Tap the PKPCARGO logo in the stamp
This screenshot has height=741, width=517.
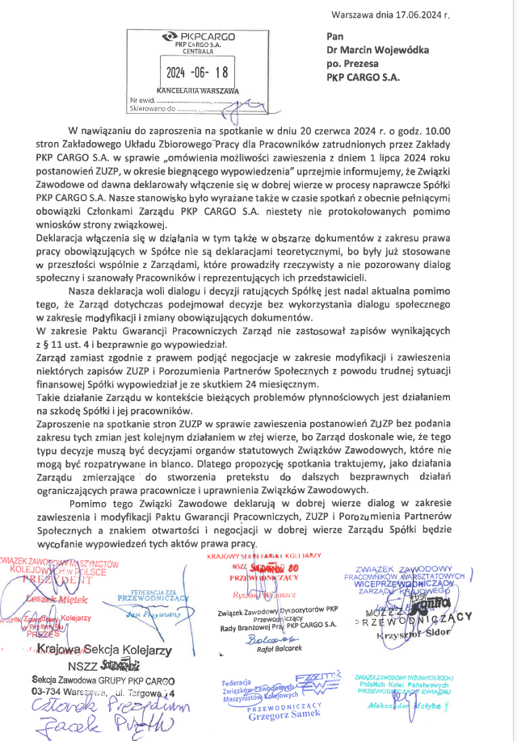pyautogui.click(x=198, y=36)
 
